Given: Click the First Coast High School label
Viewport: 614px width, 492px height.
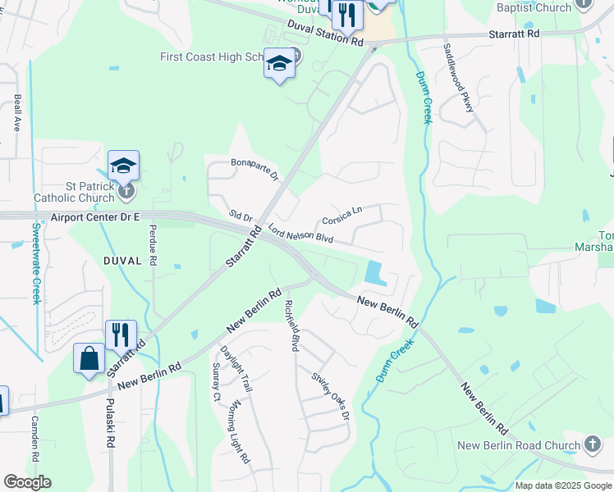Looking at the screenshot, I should (x=212, y=57).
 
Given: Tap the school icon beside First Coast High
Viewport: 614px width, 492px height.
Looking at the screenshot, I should (x=279, y=65).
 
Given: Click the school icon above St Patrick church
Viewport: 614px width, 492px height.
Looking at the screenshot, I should (x=123, y=166).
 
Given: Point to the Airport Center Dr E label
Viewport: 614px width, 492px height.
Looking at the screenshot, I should (x=95, y=217).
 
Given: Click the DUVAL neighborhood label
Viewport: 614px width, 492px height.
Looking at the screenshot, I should (x=123, y=260).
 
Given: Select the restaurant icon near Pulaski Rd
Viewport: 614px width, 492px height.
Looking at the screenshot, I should (x=121, y=335).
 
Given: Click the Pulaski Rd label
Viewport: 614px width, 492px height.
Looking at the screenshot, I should (x=109, y=423).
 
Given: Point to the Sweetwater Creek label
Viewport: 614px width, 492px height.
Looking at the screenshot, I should (x=36, y=263).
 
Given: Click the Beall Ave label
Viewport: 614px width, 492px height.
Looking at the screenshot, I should (x=17, y=113).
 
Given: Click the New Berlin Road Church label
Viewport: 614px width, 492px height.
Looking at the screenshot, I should (x=519, y=446).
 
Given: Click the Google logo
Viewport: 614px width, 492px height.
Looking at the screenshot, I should (x=27, y=482).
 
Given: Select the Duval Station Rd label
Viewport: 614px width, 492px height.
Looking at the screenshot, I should (x=325, y=34).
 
